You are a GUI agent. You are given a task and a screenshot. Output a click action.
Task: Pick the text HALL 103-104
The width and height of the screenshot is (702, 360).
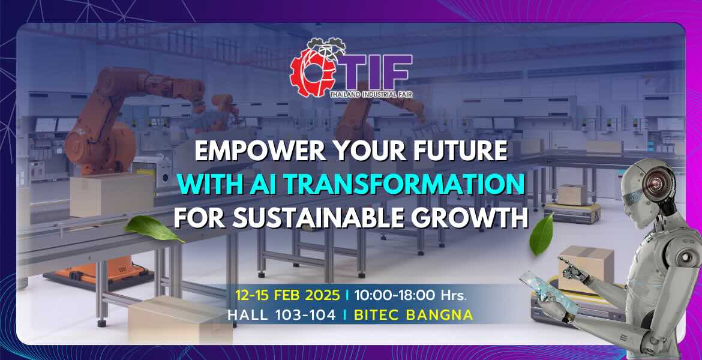click(281, 314)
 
